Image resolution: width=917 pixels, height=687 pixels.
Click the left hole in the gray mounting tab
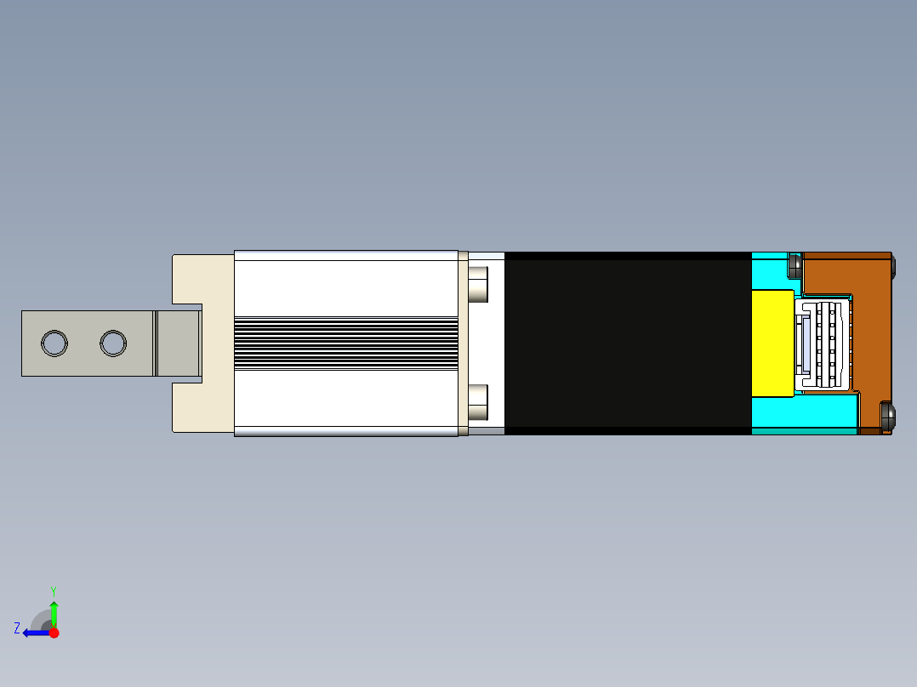pos(54,343)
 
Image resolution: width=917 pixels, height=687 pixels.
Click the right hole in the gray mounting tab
pos(113,343)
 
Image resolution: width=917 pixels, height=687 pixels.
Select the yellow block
pos(772,343)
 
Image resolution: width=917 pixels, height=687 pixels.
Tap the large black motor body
pos(628,343)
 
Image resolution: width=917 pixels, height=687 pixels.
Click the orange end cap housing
pos(872,340)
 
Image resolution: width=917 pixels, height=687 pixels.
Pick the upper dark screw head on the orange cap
pos(796,265)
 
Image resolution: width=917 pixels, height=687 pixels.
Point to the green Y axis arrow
pos(54,613)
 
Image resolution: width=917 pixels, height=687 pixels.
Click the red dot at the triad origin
pos(54,633)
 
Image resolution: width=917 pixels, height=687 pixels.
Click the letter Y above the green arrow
pos(53,590)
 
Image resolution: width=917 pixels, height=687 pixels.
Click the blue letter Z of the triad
pos(17,628)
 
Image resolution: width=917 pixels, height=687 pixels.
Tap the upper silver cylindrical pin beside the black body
pos(478,285)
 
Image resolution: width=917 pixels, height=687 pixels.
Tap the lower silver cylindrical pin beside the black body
pos(478,402)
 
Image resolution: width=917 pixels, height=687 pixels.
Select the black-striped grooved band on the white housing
pos(345,343)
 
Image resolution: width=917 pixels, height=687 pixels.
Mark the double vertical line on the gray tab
pos(156,343)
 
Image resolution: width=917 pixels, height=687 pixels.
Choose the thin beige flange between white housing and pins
pos(463,343)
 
